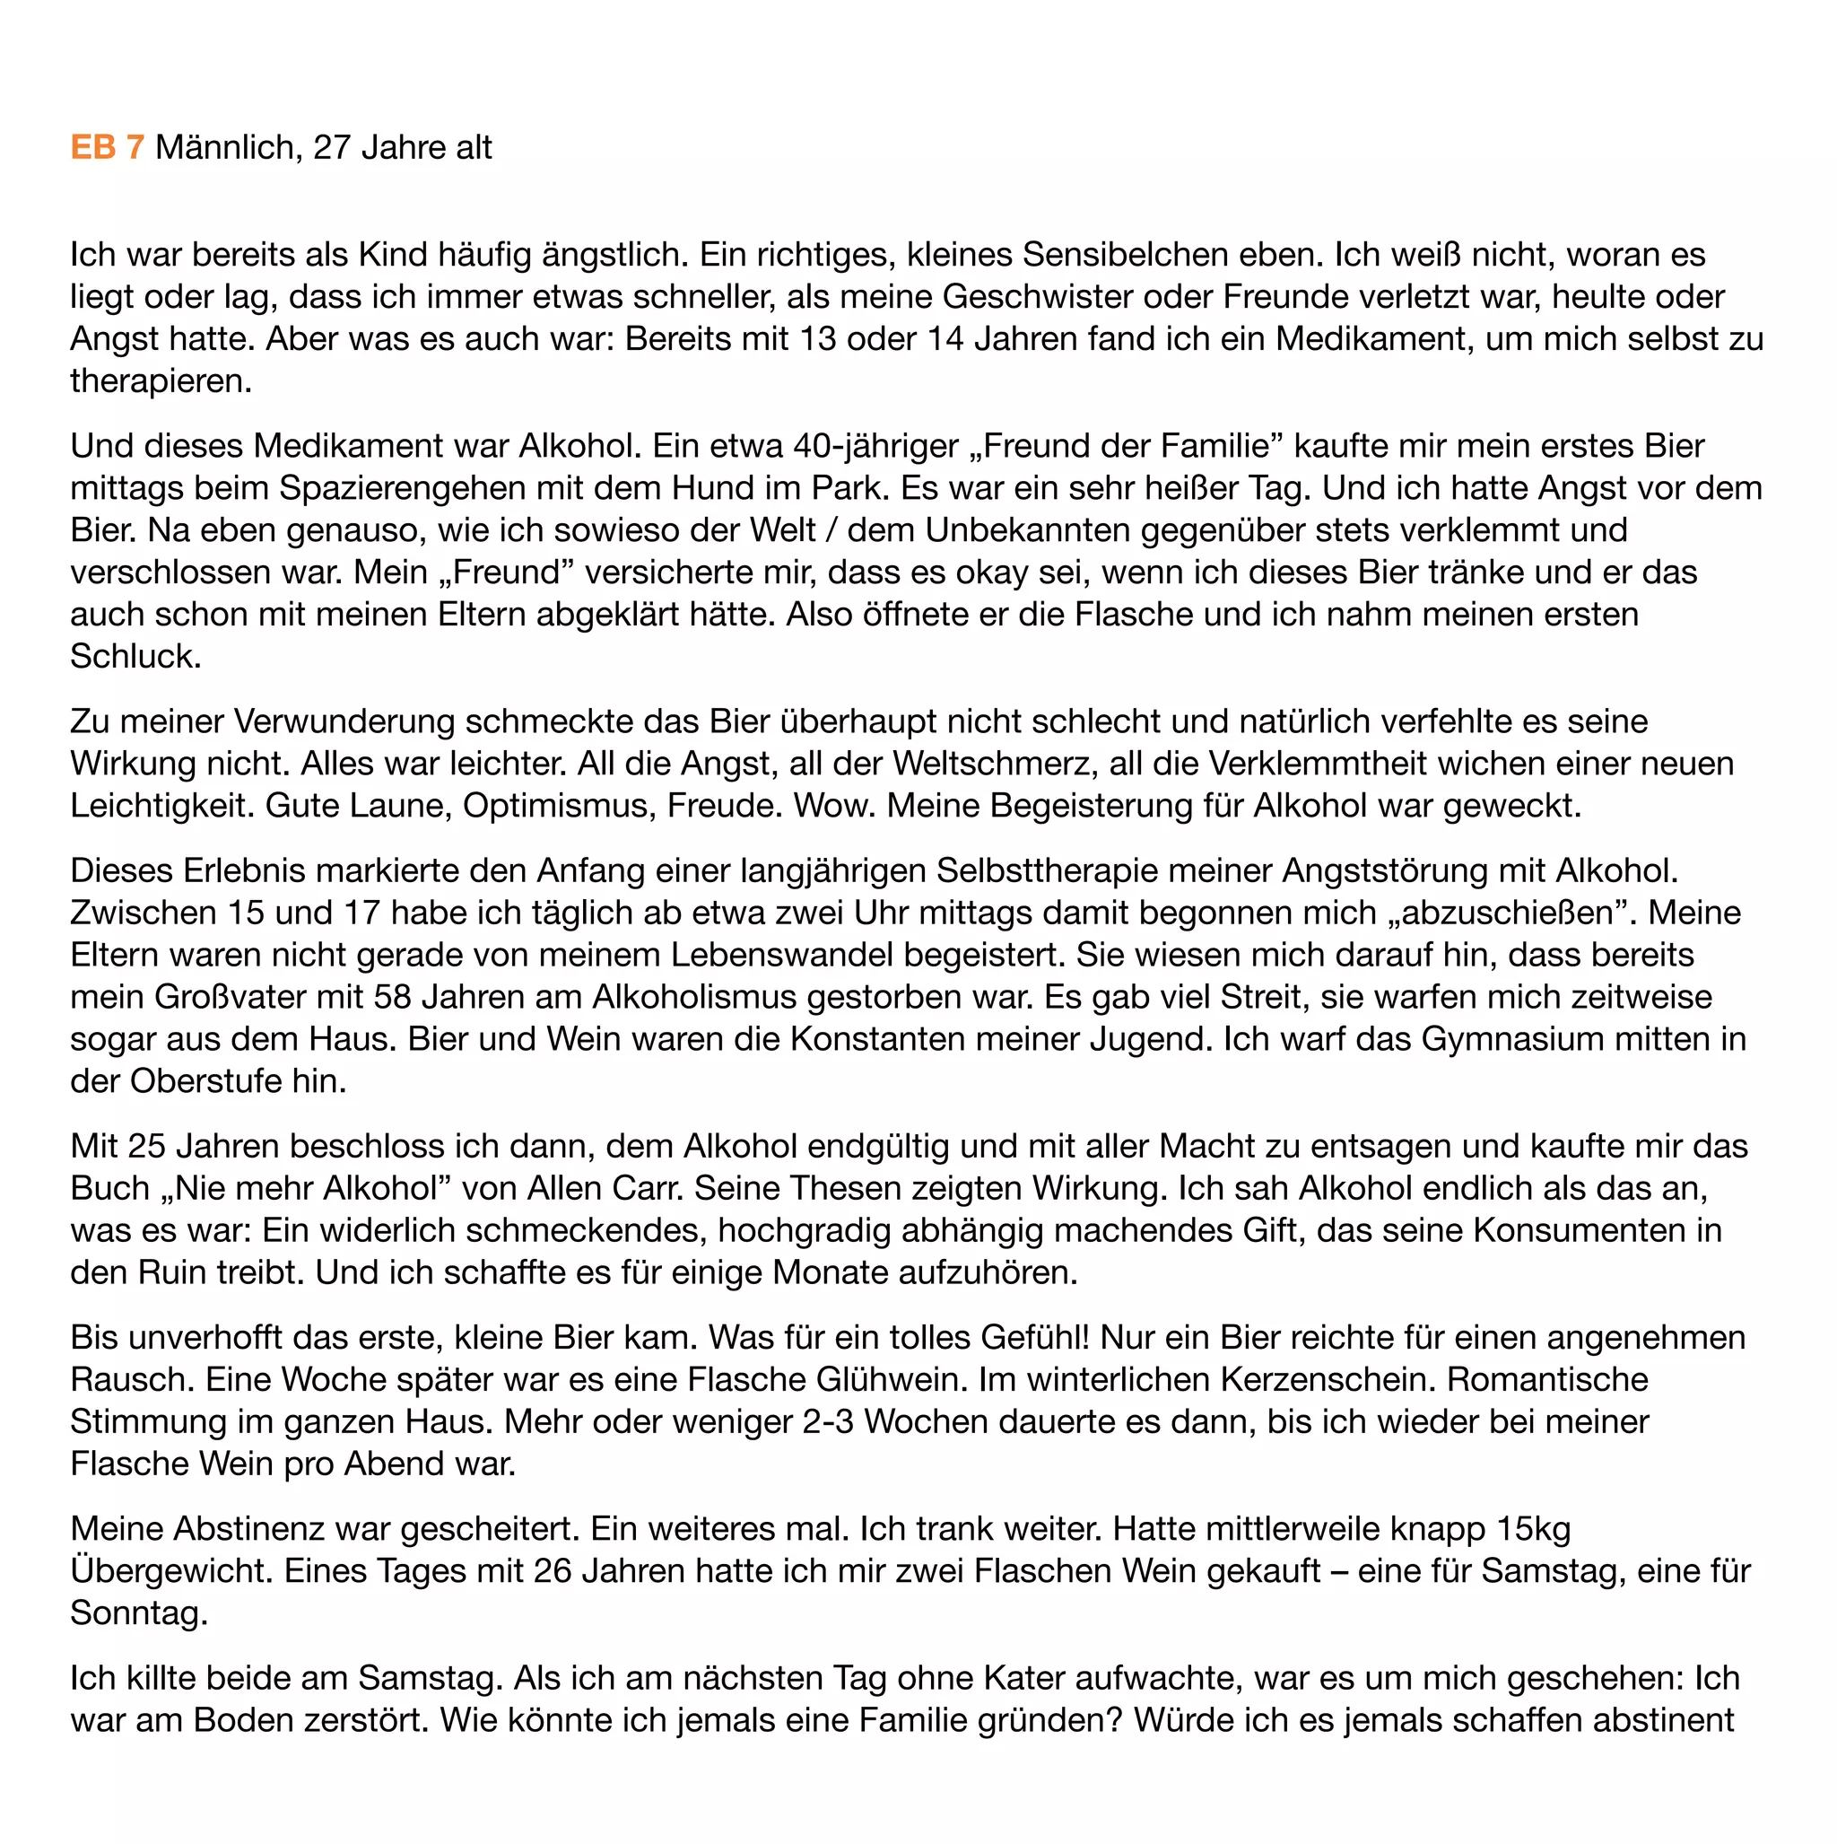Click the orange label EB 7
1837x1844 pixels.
[x=107, y=147]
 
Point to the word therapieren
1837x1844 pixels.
[x=161, y=380]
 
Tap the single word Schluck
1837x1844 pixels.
[x=135, y=656]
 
